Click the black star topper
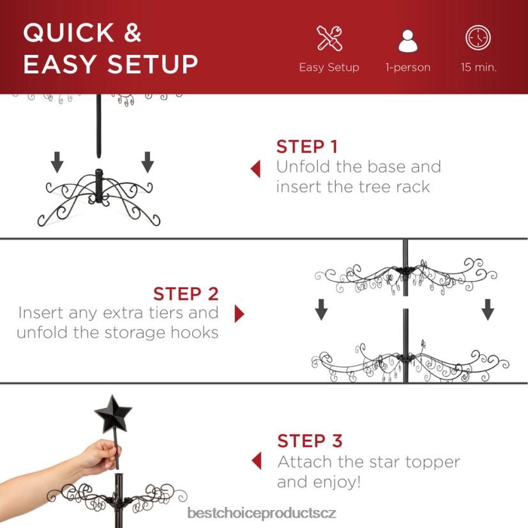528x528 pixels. [113, 415]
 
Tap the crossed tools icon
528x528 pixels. [329, 38]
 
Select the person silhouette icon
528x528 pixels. [408, 41]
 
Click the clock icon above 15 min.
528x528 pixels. [478, 38]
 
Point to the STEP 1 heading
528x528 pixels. [306, 146]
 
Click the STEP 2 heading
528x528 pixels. [186, 294]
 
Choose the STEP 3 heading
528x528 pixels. [310, 441]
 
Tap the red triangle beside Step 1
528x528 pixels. [256, 169]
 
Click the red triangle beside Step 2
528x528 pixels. [239, 314]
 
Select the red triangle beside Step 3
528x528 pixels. [257, 460]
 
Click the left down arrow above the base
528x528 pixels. [57, 162]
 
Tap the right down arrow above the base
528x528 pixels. [147, 162]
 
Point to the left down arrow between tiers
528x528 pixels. [321, 310]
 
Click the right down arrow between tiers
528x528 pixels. [488, 310]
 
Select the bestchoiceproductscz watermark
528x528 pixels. [262, 513]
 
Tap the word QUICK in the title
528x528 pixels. [69, 33]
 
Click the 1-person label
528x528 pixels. [408, 67]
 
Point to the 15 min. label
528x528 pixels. [478, 67]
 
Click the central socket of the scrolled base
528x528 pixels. [99, 185]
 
